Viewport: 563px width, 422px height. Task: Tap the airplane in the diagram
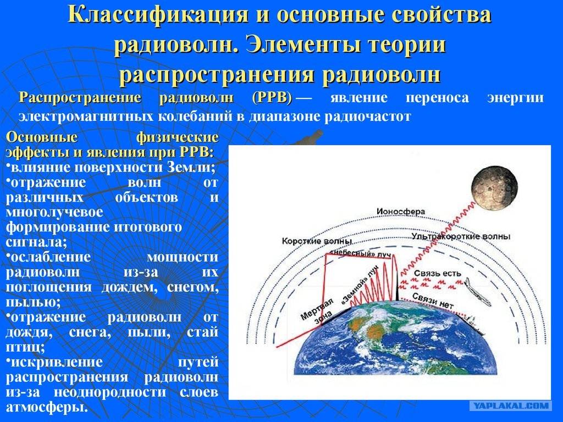pos(478,292)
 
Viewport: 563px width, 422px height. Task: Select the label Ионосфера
pos(400,212)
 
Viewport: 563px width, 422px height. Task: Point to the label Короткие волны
pos(317,241)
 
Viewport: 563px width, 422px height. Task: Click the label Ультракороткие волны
pos(461,236)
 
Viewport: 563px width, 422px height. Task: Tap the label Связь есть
pos(437,274)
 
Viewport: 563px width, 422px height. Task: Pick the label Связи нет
pos(433,301)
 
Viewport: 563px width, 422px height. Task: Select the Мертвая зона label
pos(317,311)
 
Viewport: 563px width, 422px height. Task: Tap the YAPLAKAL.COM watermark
pos(511,406)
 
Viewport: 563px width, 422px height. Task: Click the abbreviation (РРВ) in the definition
pos(272,98)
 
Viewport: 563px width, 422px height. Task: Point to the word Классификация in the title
pos(158,15)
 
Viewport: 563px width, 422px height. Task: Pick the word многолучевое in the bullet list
pos(54,212)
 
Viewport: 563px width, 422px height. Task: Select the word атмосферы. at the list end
pos(47,407)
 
